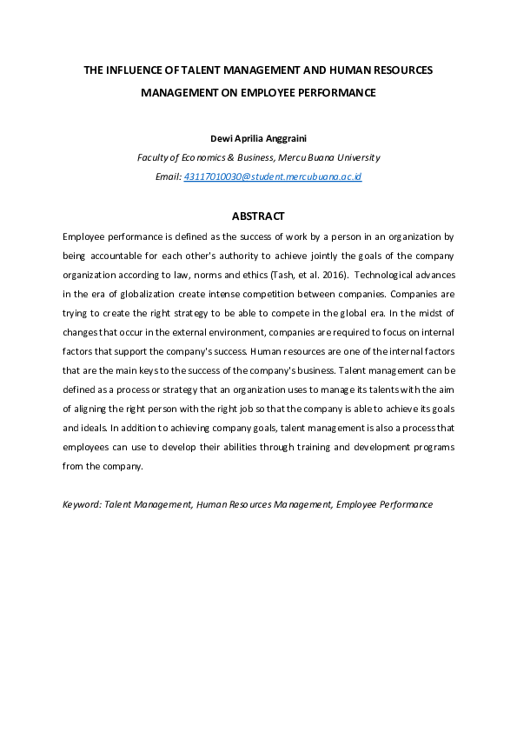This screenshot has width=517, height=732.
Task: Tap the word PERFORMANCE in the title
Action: click(x=334, y=91)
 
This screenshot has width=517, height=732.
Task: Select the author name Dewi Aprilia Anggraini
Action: click(x=258, y=137)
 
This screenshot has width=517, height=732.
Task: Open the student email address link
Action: click(x=273, y=176)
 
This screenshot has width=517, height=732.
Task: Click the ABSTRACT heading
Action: click(x=258, y=216)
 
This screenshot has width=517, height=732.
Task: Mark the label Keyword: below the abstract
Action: click(x=82, y=504)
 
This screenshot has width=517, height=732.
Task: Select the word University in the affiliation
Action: click(x=356, y=157)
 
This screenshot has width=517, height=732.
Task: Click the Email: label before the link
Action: click(x=169, y=176)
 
